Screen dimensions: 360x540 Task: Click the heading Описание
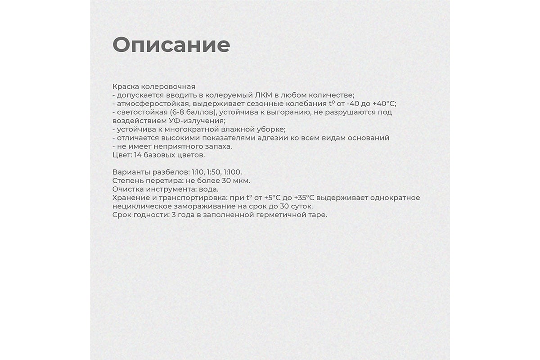click(171, 45)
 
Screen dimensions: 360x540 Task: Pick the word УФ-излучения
click(201, 121)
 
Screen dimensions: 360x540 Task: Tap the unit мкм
click(240, 181)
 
